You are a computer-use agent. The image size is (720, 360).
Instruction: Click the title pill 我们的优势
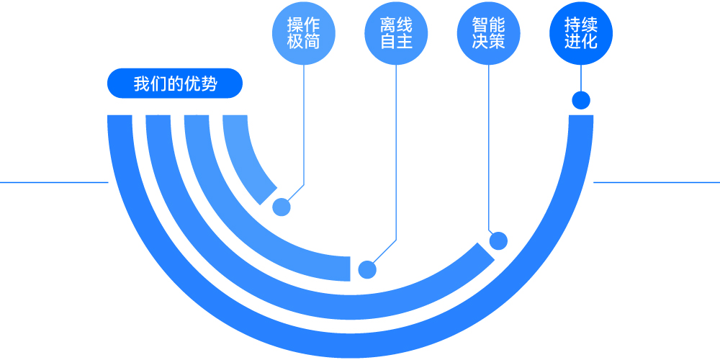click(175, 84)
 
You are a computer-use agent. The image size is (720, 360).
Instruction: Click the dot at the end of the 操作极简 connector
click(282, 207)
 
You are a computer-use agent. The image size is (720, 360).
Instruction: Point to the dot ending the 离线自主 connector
click(368, 269)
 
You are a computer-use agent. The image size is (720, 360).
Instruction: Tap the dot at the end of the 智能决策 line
click(498, 240)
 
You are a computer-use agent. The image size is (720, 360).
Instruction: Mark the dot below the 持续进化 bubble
click(581, 100)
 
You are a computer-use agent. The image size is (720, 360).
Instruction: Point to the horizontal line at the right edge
click(655, 182)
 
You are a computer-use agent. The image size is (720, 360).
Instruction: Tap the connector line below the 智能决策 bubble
click(489, 144)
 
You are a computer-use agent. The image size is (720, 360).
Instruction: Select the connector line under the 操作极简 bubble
click(304, 122)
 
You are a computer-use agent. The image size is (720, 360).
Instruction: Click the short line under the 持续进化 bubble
click(581, 78)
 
